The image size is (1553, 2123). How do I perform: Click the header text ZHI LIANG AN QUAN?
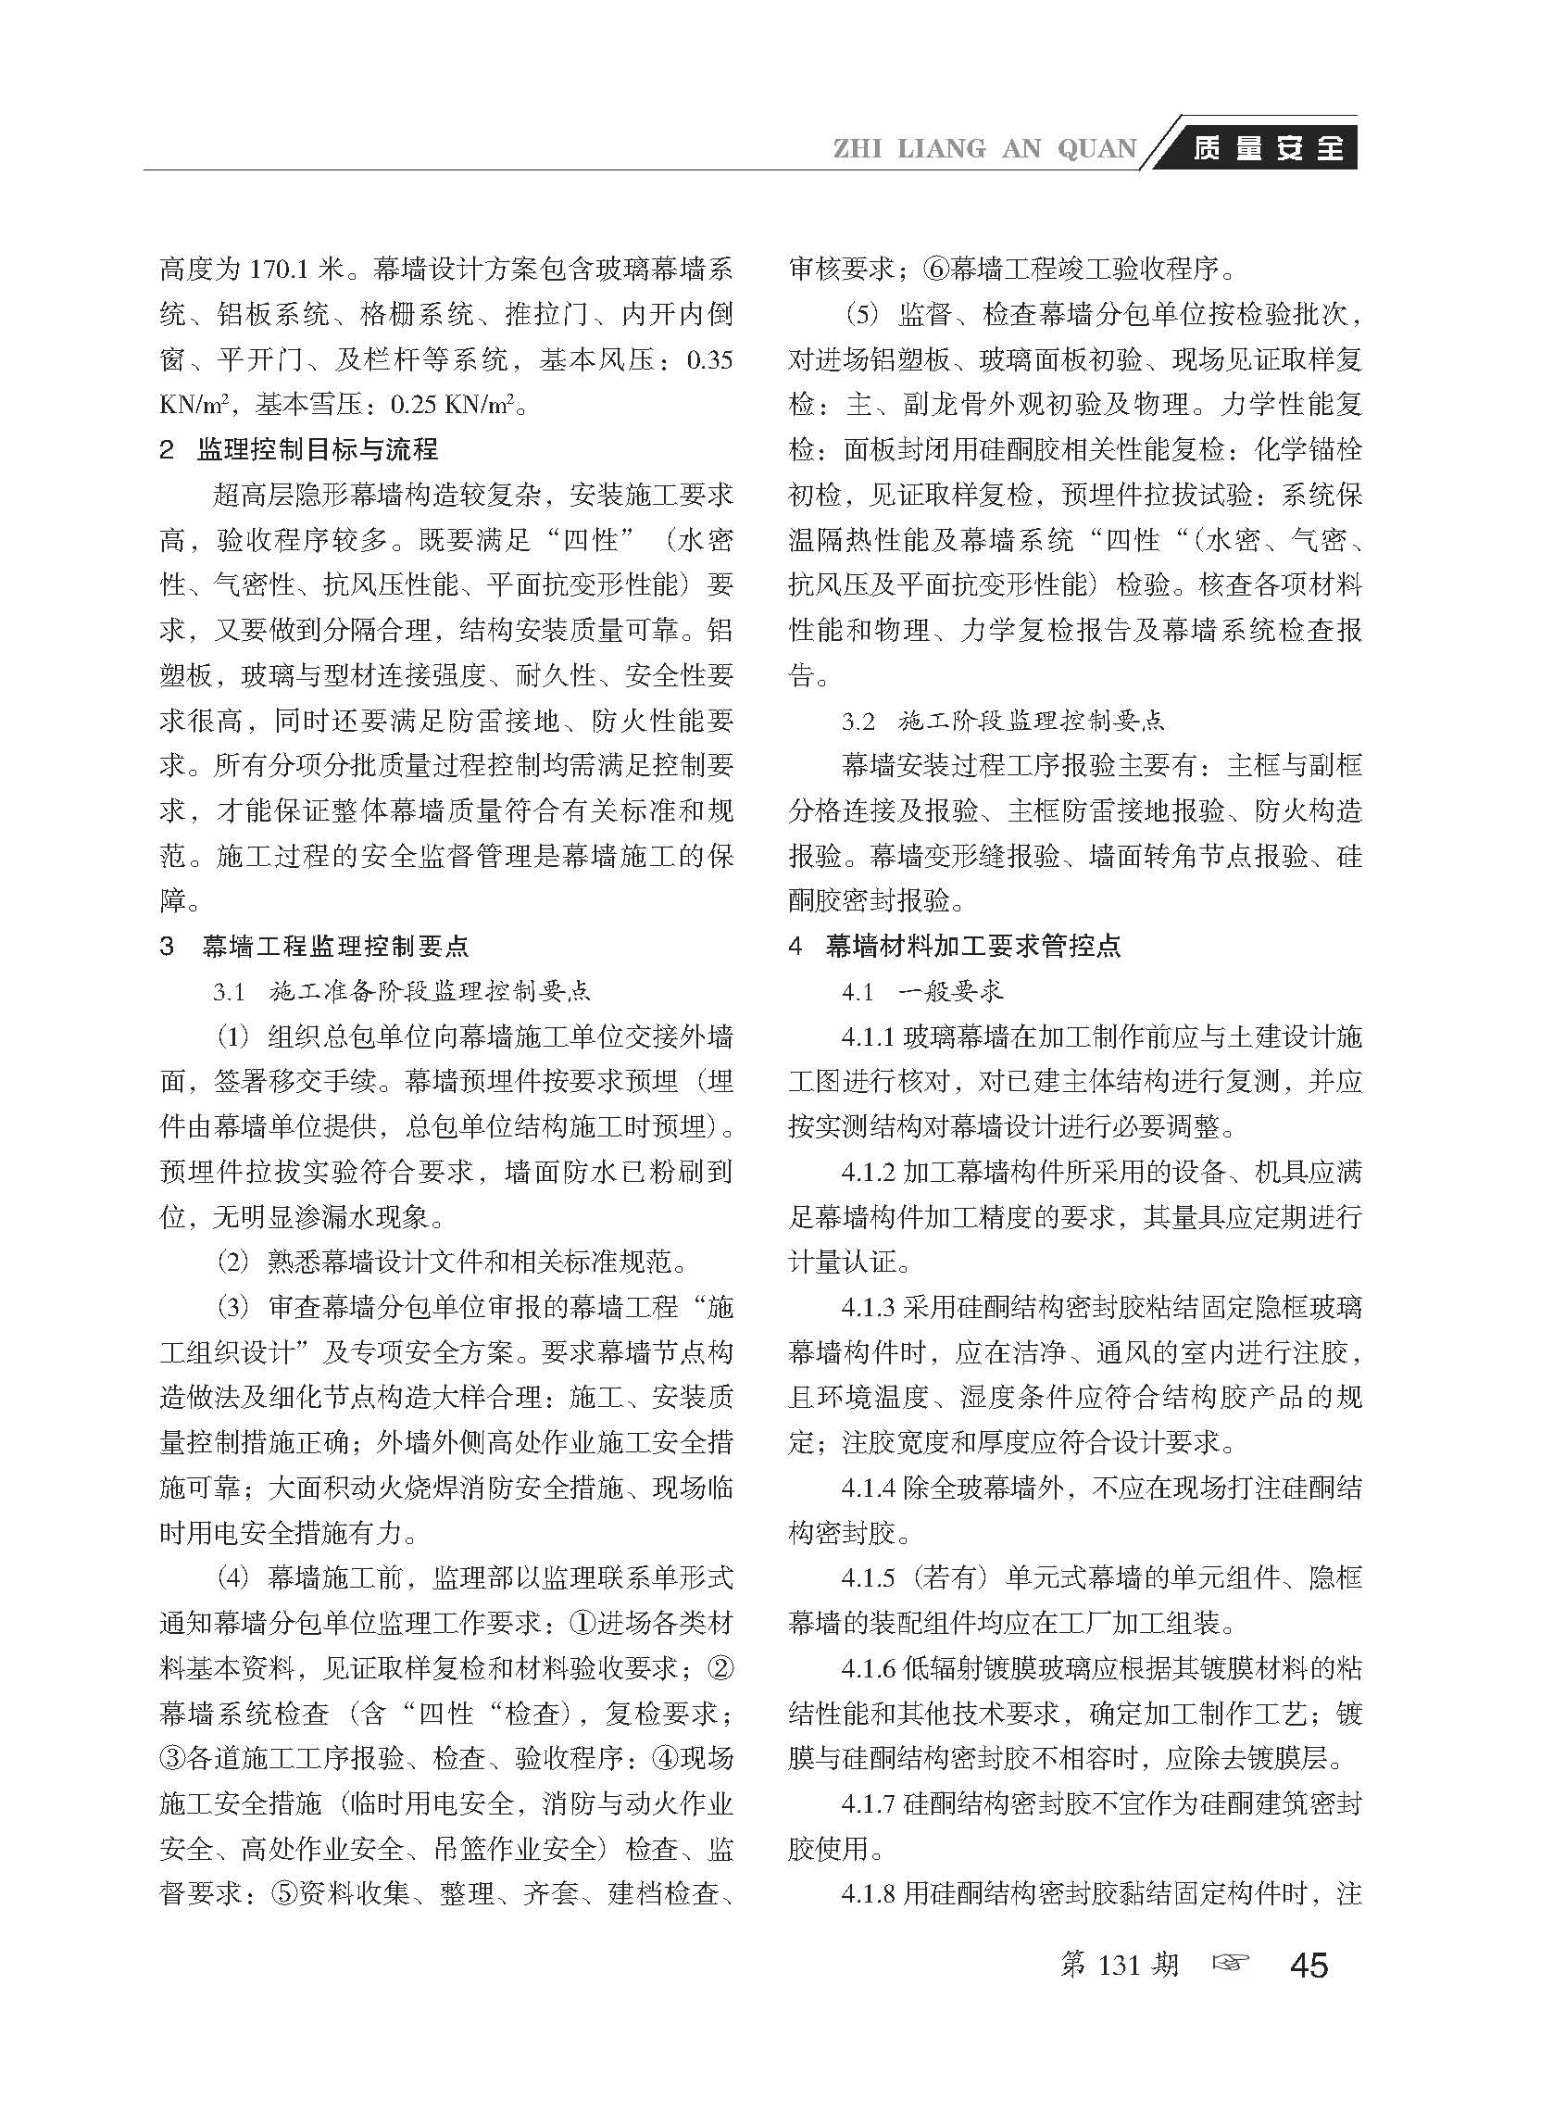click(x=984, y=148)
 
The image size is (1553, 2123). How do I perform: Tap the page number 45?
click(x=1309, y=1964)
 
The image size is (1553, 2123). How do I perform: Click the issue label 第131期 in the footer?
click(x=1119, y=1964)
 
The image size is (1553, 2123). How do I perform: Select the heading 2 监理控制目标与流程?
click(x=299, y=449)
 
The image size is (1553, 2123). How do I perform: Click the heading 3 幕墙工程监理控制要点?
click(x=314, y=946)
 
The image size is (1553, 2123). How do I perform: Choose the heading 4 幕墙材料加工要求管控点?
click(x=955, y=946)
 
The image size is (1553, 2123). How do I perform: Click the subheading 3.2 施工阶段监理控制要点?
click(x=1003, y=722)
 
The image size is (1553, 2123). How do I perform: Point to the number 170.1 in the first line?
click(x=282, y=270)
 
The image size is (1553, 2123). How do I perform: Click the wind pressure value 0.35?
click(x=709, y=360)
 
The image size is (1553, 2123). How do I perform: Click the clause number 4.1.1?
click(x=870, y=1037)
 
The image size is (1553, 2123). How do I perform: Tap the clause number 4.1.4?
click(x=870, y=1489)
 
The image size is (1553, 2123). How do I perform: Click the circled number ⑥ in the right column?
click(x=936, y=270)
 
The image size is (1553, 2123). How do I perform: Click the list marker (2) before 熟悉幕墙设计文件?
click(x=233, y=1262)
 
